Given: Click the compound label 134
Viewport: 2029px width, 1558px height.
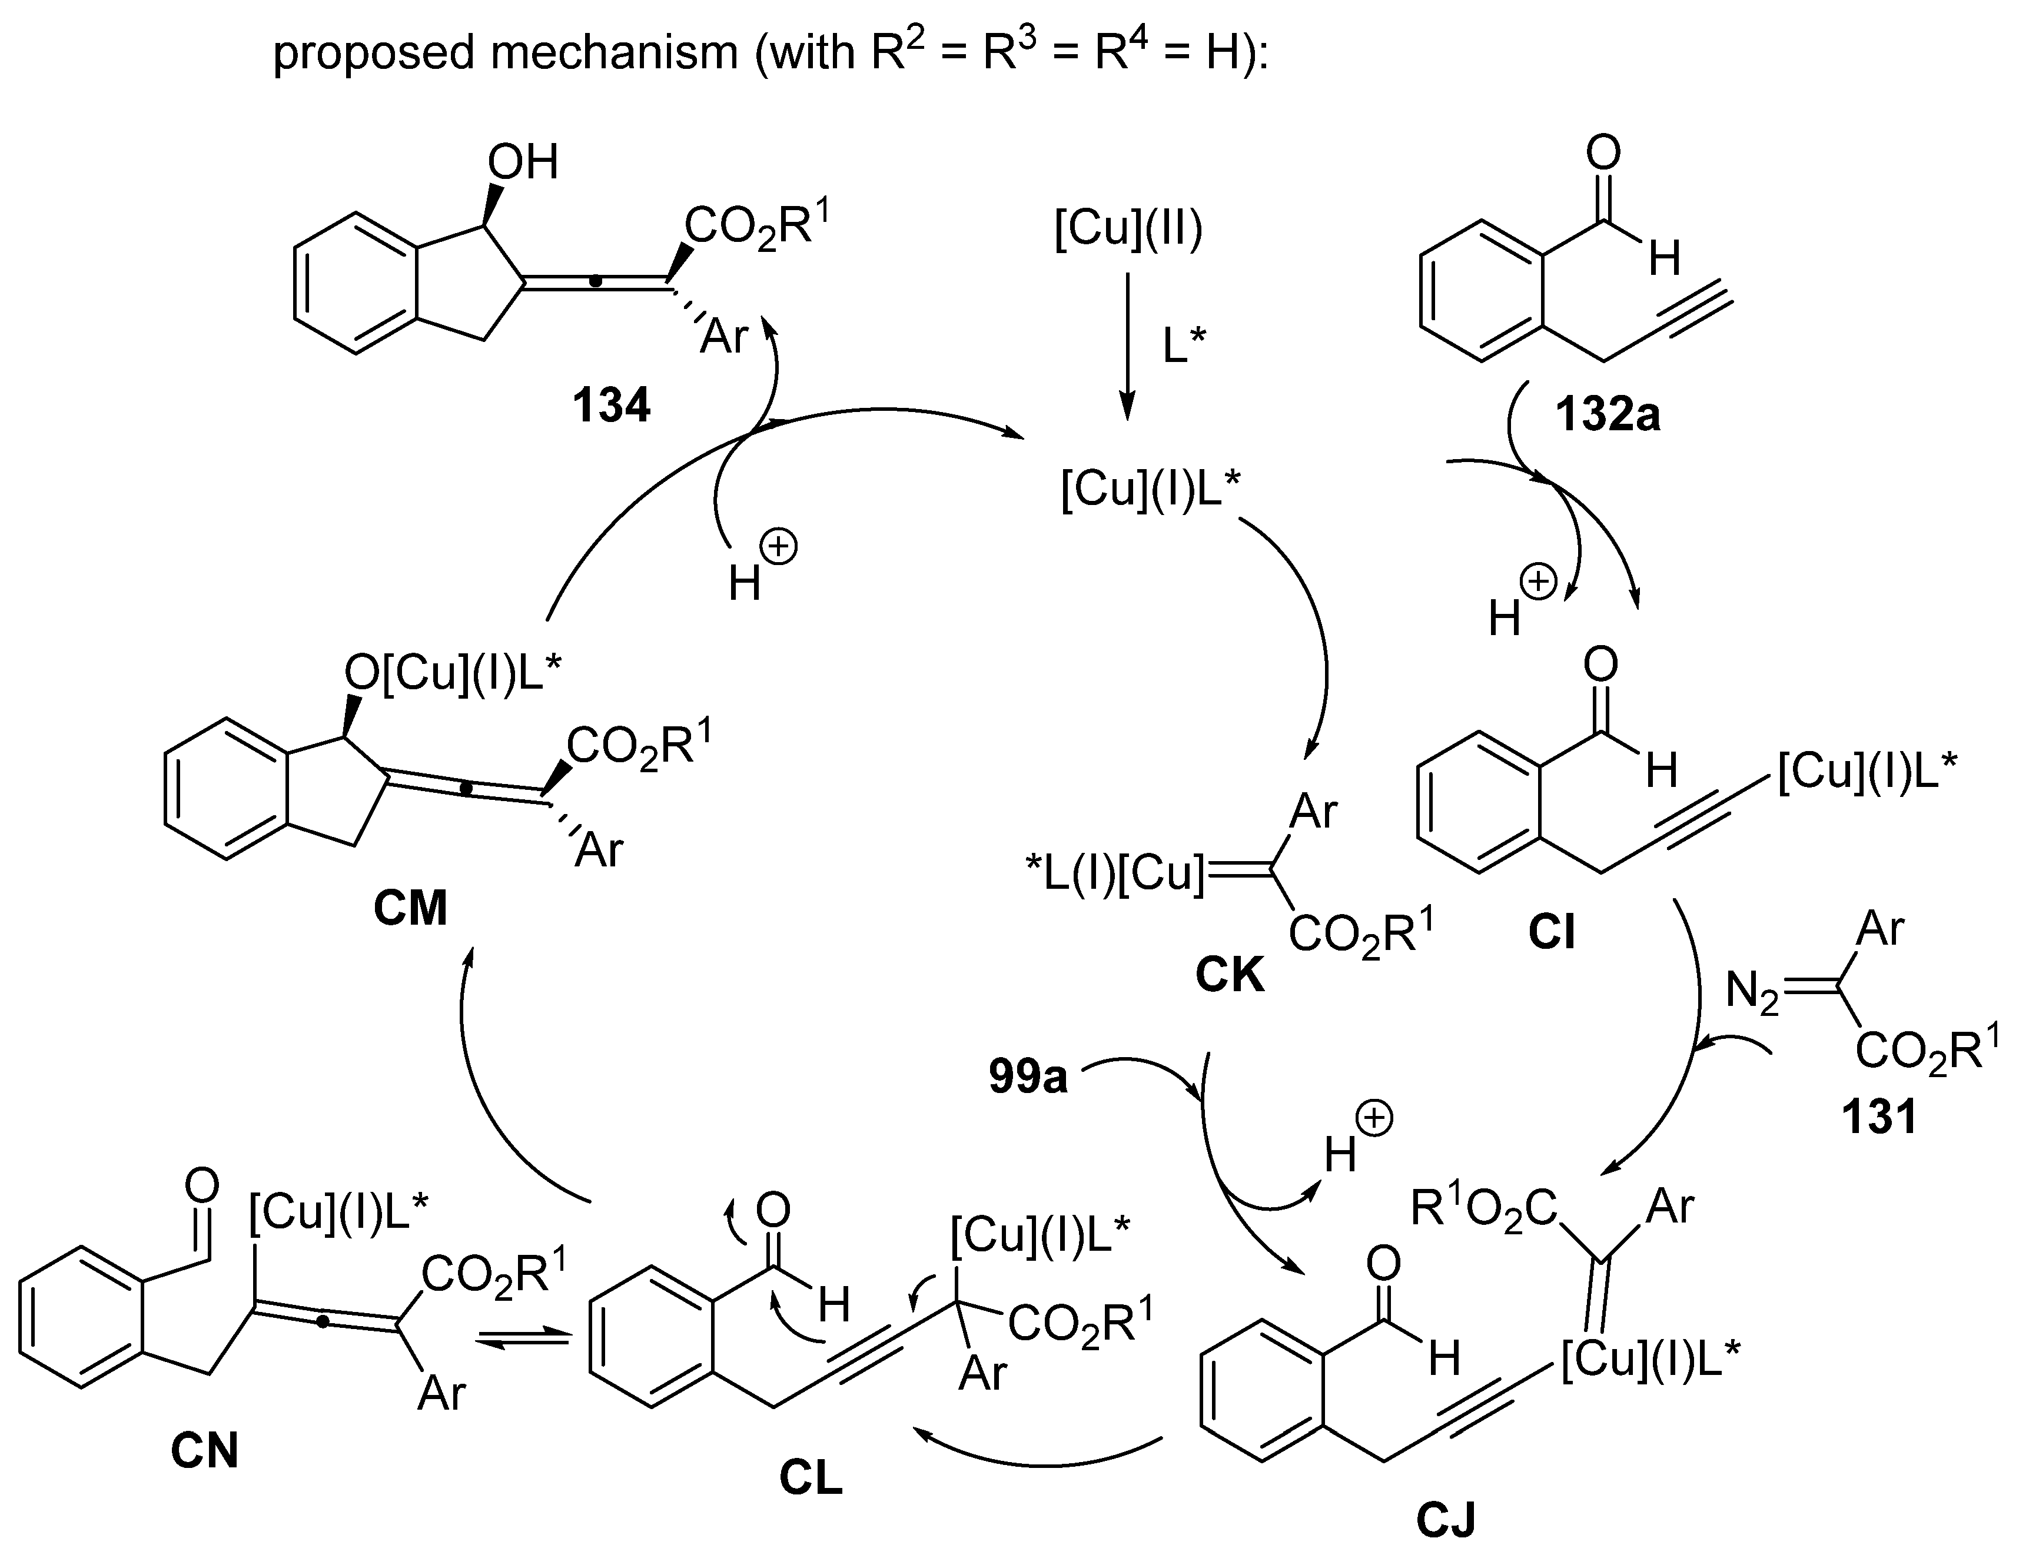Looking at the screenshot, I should coord(611,406).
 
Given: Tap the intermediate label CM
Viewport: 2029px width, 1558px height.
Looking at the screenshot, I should coord(411,908).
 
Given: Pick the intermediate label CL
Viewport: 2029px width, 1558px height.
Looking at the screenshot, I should coord(811,1478).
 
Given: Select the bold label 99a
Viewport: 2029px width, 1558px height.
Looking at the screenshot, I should coord(1028,1078).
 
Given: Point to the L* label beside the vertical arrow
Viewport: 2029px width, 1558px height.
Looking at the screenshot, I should coord(1184,347).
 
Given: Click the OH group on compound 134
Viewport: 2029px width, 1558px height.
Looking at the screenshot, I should coord(522,162).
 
